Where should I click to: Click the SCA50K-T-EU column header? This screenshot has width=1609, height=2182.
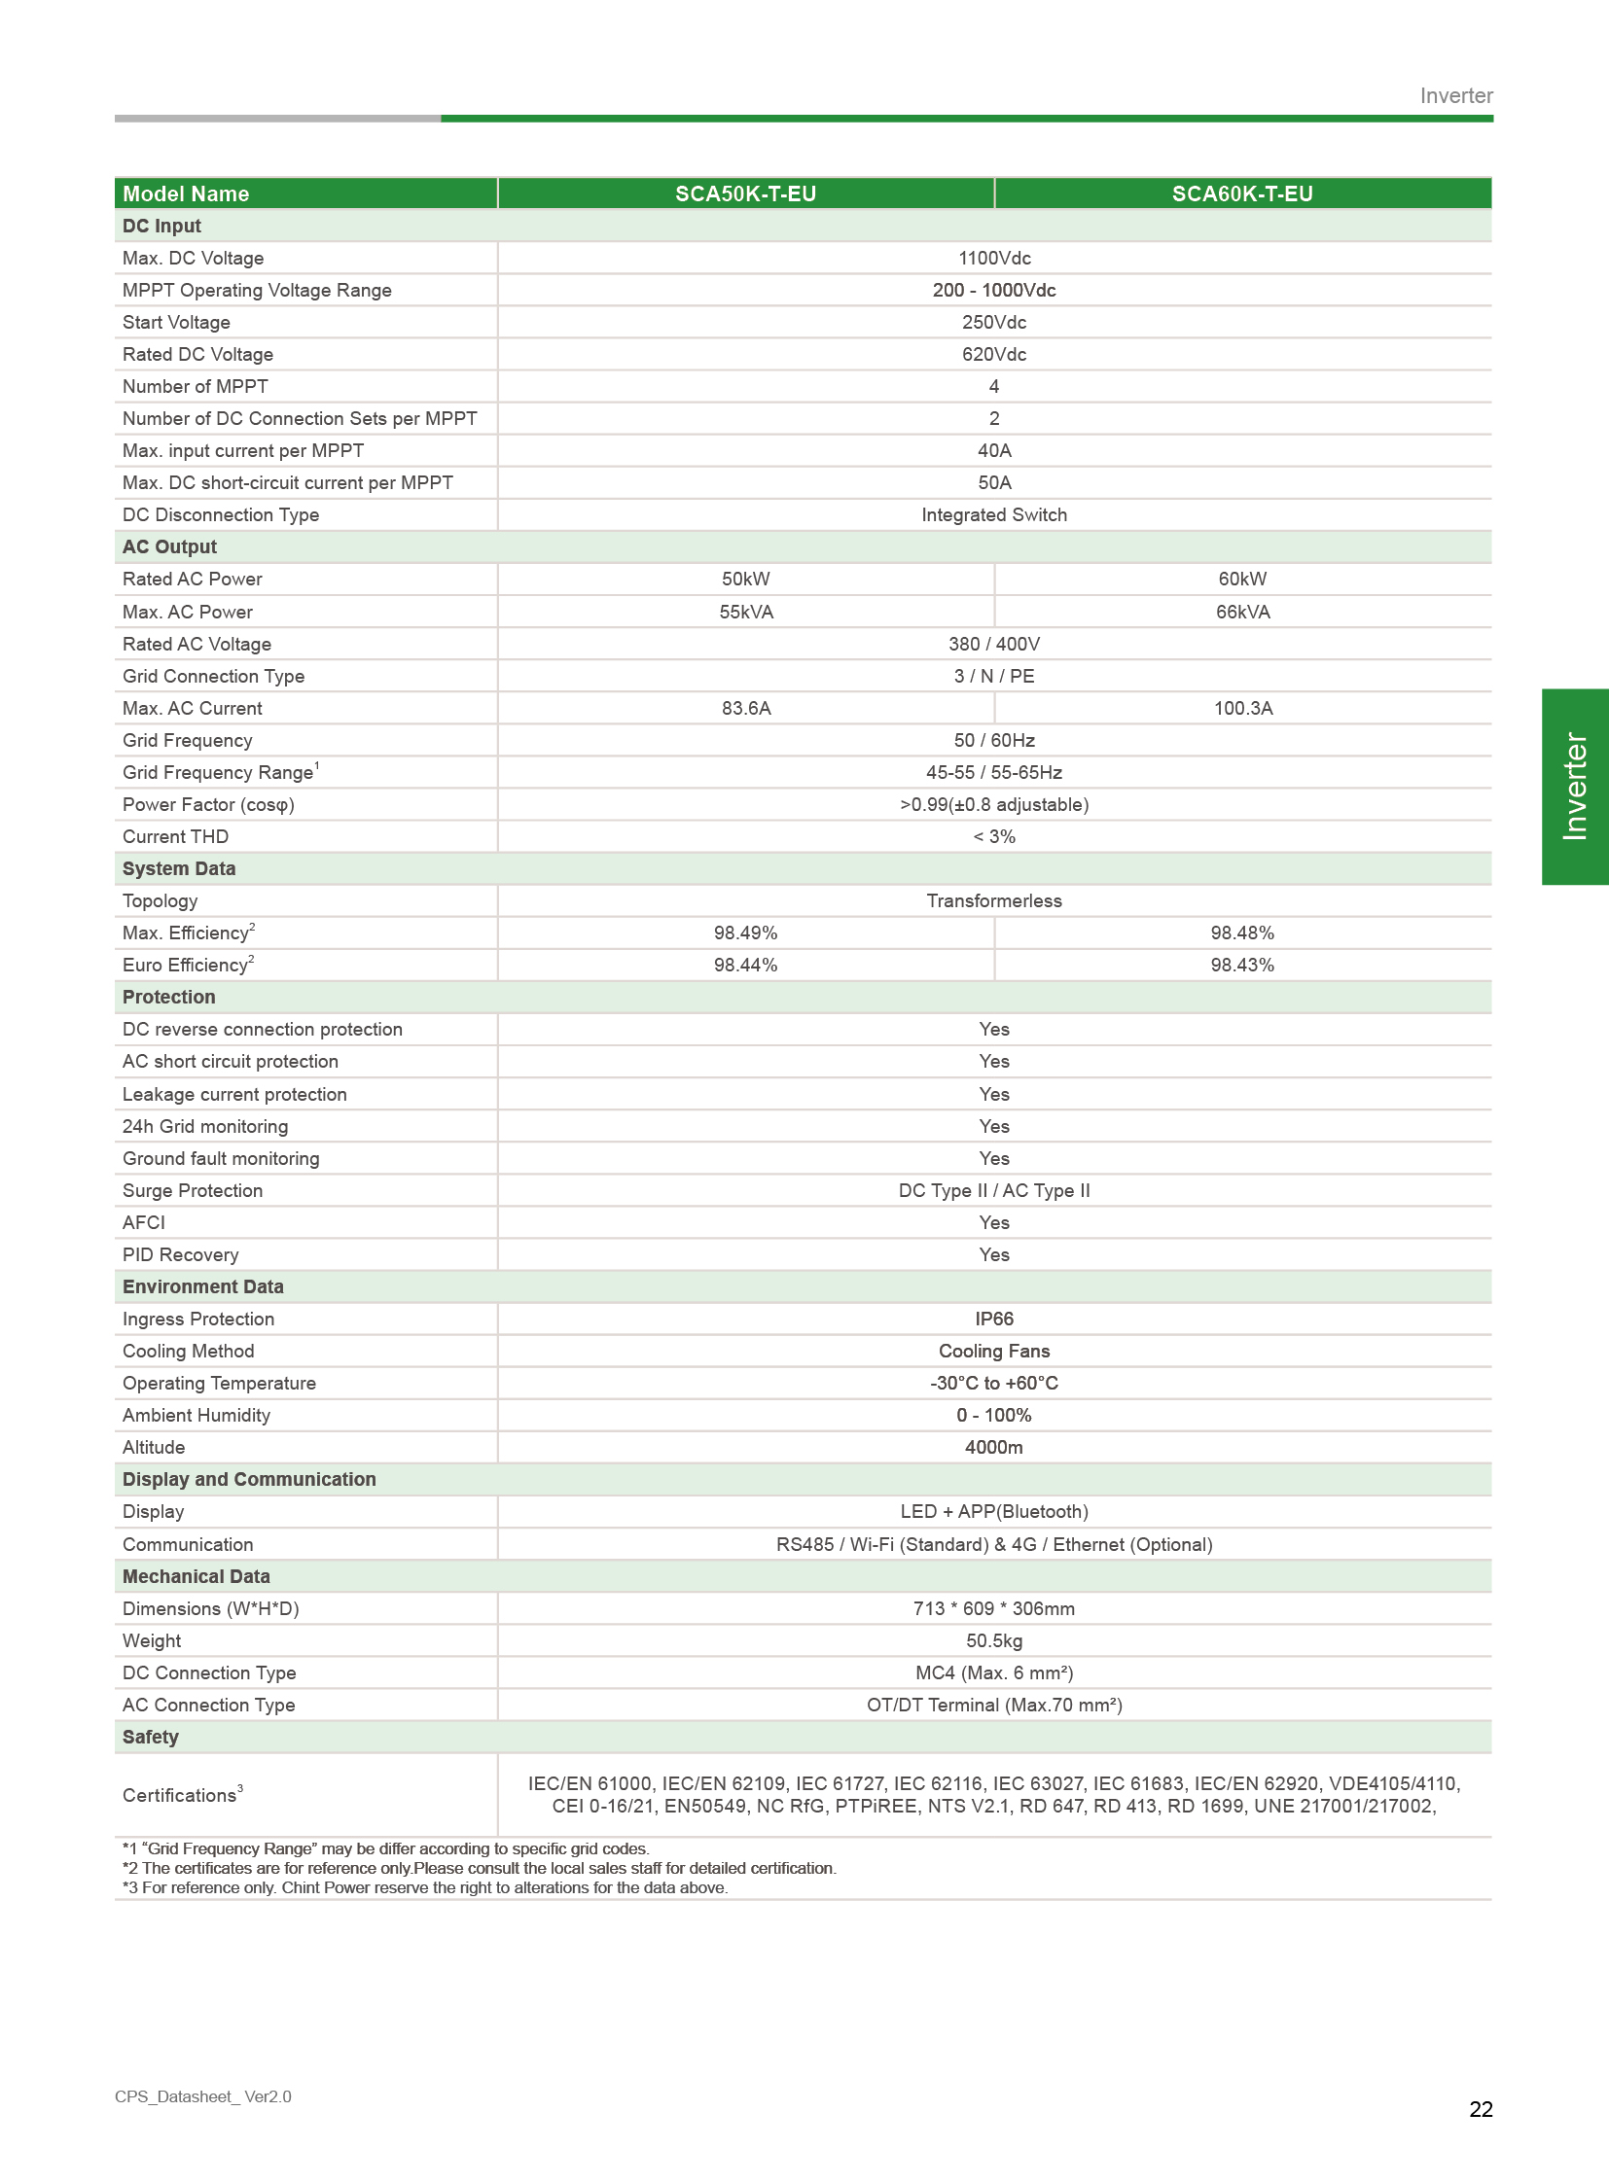[x=745, y=194]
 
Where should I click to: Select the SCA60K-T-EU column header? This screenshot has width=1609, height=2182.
[x=1242, y=194]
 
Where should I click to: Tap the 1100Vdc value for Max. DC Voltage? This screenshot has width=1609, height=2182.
[x=993, y=258]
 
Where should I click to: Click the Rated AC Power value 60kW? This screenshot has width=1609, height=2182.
[x=1242, y=579]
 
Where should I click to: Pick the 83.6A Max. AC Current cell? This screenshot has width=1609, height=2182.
[x=746, y=708]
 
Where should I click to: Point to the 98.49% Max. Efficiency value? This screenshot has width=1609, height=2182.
[x=745, y=933]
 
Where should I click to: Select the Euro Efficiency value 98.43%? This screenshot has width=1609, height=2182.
[x=1242, y=965]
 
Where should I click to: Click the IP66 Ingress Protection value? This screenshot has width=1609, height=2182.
[x=993, y=1319]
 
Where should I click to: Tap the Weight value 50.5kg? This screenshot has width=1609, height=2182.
[x=993, y=1640]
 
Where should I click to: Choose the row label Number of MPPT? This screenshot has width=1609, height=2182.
[x=195, y=387]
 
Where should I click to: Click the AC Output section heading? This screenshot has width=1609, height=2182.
[x=169, y=547]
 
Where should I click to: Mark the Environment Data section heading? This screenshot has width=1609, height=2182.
[x=202, y=1286]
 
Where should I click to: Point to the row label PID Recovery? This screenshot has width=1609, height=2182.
[x=180, y=1255]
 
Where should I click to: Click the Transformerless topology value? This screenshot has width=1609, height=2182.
[x=993, y=900]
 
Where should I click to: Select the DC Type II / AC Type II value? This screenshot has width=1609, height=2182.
[x=993, y=1191]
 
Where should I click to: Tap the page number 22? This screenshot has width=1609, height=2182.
[x=1481, y=2109]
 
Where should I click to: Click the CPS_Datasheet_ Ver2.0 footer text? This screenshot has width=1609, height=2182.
[x=202, y=2096]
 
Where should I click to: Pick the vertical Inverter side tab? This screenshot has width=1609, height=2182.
[x=1574, y=787]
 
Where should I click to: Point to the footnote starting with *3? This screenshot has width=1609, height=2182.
[x=425, y=1888]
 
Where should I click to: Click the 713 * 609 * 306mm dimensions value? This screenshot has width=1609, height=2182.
[x=993, y=1608]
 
